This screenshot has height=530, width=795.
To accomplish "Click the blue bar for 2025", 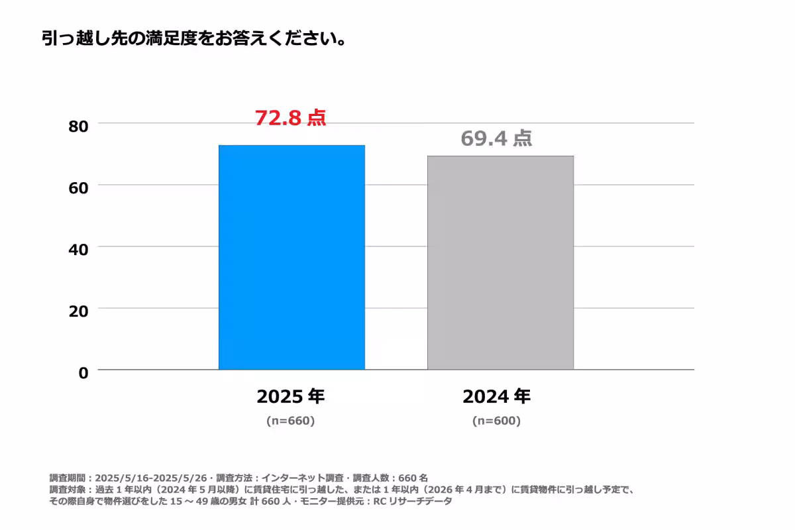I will [x=291, y=257].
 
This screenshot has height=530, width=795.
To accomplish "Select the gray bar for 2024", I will [x=500, y=262].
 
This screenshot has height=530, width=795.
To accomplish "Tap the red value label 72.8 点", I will [x=290, y=118].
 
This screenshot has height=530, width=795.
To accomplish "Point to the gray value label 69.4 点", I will [x=496, y=138].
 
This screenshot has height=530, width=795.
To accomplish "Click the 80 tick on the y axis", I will [x=78, y=126].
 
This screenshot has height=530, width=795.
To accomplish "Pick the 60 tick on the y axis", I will [x=78, y=187].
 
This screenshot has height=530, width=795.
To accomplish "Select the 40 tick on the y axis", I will [x=78, y=250].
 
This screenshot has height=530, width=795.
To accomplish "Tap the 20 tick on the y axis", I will [x=78, y=311].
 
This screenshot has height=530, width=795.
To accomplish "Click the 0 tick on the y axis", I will [x=83, y=373].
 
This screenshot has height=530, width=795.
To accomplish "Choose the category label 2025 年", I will [x=291, y=397].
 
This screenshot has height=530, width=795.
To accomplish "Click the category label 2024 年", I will [x=496, y=397].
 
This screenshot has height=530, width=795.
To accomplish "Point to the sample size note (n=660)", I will [x=290, y=421].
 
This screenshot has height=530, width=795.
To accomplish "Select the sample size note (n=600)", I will [x=496, y=421].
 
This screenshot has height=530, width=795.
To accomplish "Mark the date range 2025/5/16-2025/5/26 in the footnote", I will [x=152, y=478].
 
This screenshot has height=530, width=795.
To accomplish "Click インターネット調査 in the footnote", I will [x=302, y=478].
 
